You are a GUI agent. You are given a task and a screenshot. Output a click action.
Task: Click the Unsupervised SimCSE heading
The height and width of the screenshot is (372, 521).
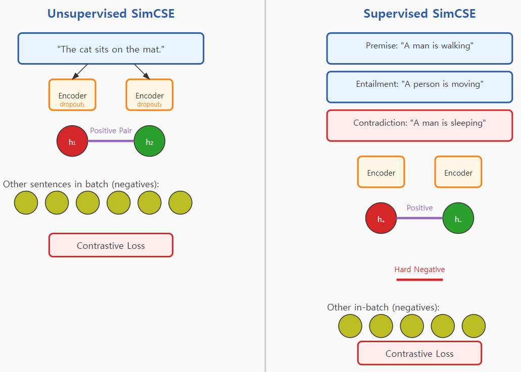[x=111, y=14]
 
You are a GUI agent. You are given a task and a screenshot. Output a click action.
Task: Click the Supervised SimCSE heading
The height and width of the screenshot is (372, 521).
[x=419, y=14]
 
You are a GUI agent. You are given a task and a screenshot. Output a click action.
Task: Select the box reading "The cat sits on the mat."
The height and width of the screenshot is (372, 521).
[x=111, y=49]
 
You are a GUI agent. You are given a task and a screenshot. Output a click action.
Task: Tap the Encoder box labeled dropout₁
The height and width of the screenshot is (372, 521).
[x=72, y=95]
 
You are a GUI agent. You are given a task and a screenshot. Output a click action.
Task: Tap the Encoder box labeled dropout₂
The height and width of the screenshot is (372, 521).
[x=150, y=95]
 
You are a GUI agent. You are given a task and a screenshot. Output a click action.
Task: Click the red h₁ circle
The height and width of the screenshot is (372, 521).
[x=72, y=141]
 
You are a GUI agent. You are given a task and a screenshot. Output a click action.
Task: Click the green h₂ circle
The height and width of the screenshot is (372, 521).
[x=150, y=141]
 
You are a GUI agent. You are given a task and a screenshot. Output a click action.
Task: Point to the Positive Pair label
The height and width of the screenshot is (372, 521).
[x=111, y=131]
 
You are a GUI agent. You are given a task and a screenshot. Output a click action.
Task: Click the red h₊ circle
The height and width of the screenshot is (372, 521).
[x=381, y=219]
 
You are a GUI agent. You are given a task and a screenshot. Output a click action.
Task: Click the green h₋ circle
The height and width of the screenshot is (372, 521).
[x=458, y=219]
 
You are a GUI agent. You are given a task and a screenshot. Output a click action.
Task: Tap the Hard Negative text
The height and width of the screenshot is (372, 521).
[x=419, y=270]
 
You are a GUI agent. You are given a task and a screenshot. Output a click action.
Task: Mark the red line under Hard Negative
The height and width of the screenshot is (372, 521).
[x=419, y=279]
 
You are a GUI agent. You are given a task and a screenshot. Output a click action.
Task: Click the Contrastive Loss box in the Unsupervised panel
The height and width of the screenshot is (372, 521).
[x=111, y=245]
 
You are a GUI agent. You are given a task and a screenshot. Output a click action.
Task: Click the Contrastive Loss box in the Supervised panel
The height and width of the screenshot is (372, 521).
[x=419, y=353]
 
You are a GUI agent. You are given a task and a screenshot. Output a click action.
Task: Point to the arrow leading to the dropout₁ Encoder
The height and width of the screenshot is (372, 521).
[x=80, y=72]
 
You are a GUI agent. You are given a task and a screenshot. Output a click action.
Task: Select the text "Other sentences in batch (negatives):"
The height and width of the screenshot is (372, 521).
[x=81, y=184]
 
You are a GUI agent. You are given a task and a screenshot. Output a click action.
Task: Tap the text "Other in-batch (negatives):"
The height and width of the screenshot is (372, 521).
[x=383, y=307]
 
